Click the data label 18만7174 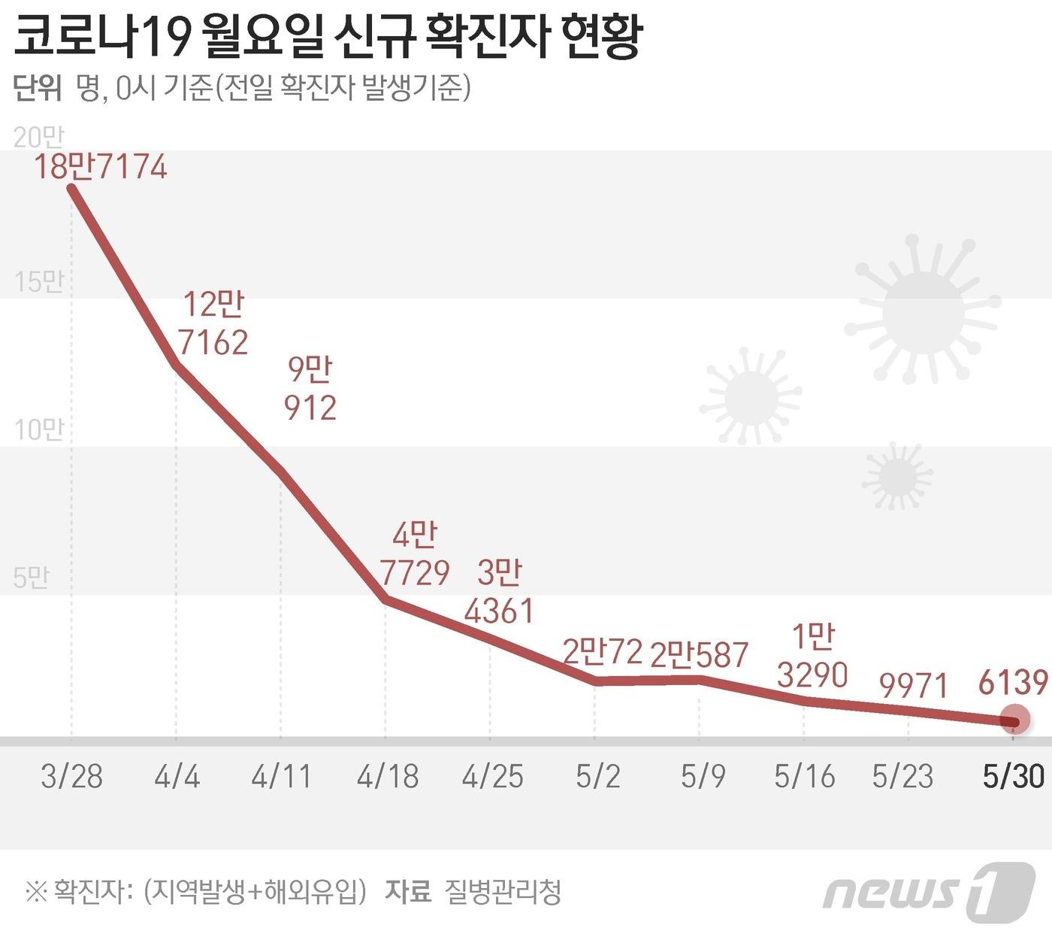[100, 166]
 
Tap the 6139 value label [1013, 682]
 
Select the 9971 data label [914, 685]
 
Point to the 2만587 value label [699, 655]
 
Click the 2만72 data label [603, 652]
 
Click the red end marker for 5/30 [1014, 720]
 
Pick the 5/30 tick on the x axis [1014, 776]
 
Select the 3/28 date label [71, 776]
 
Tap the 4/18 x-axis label [387, 776]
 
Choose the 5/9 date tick [703, 776]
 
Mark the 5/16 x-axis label [804, 776]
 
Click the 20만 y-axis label [39, 137]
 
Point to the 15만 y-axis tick [39, 282]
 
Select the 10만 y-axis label [39, 429]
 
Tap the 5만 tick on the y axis [32, 577]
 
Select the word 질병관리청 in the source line [503, 892]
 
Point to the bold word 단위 [37, 88]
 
